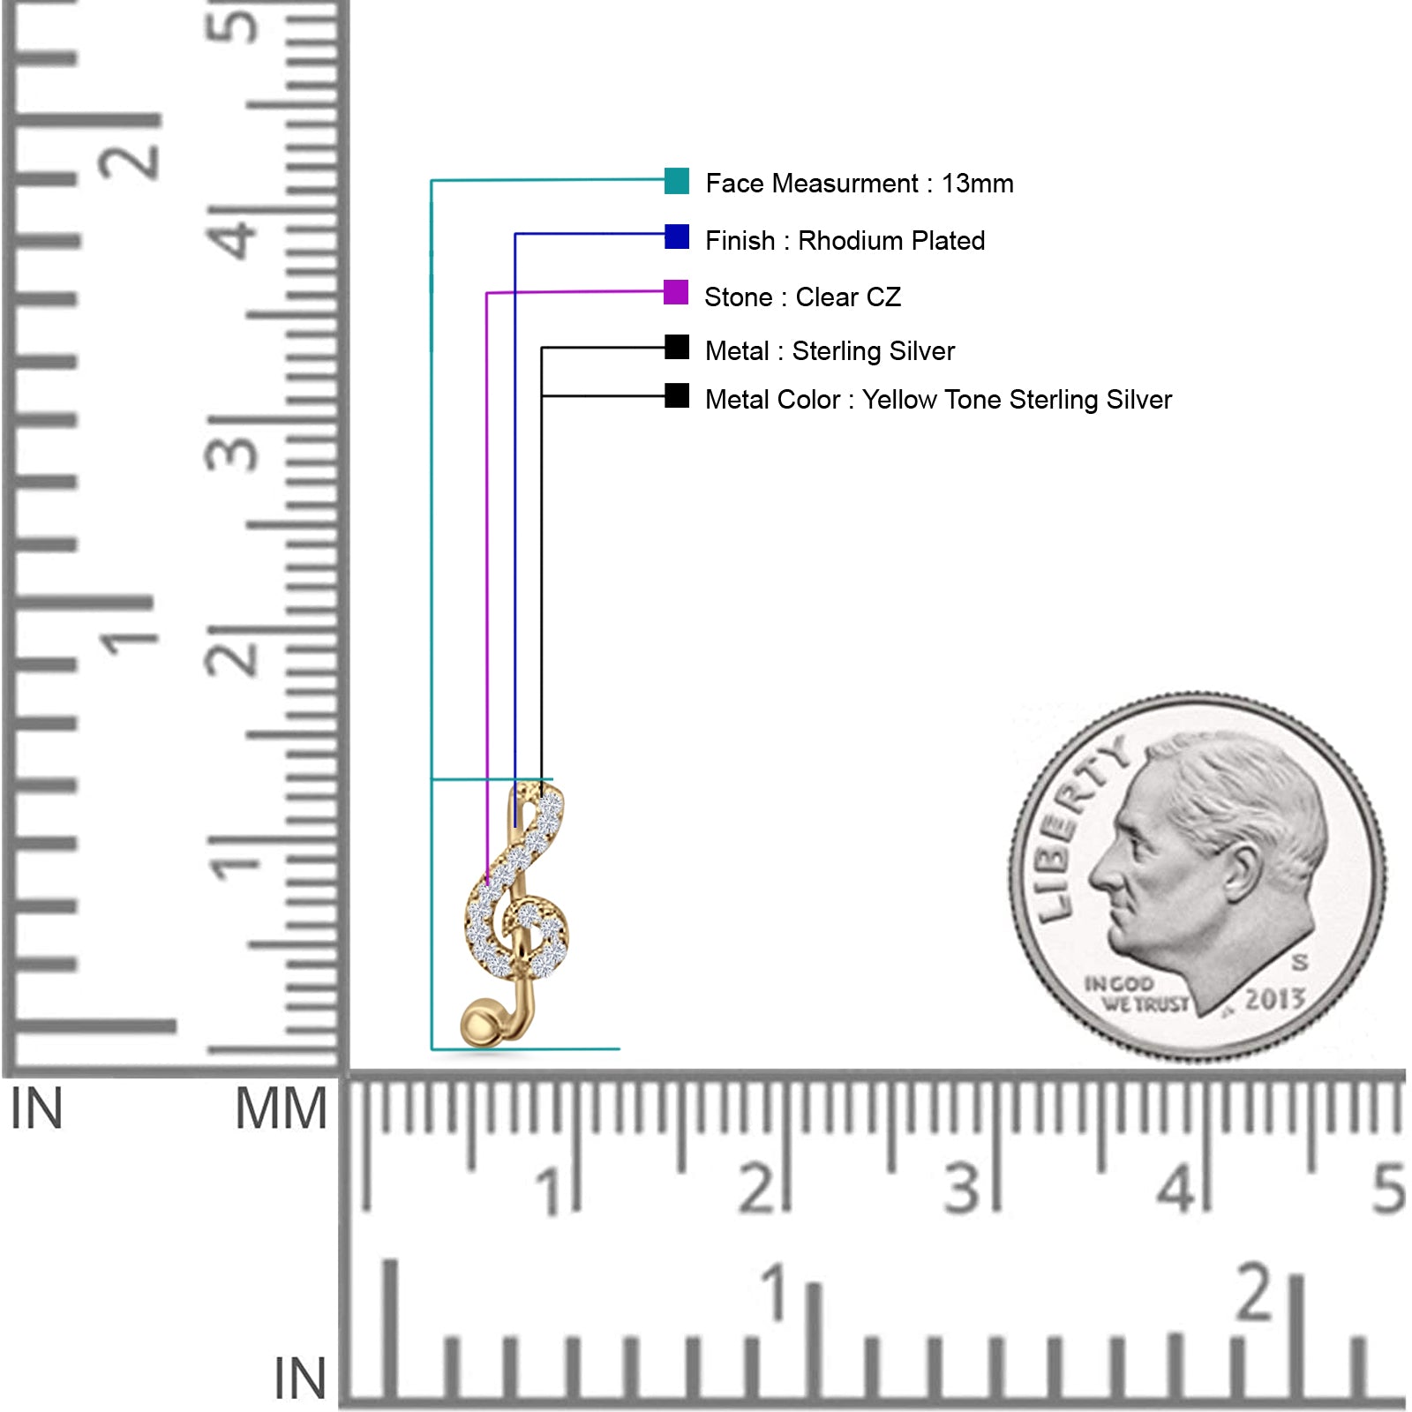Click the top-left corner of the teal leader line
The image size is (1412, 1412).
[432, 181]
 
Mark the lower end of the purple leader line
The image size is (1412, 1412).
[487, 882]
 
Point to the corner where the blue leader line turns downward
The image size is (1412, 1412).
[515, 234]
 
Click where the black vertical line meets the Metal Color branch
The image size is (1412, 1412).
[542, 396]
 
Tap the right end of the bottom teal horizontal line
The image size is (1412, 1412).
[620, 1049]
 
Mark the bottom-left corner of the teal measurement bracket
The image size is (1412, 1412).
[432, 1049]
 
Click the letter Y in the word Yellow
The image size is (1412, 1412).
[871, 399]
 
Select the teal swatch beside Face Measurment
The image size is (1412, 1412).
[677, 181]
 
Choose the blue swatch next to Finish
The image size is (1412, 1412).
[677, 237]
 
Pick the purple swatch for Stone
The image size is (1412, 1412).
[676, 292]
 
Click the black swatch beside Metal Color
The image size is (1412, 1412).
[677, 395]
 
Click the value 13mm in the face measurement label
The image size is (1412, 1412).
[978, 184]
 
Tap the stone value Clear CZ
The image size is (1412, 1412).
[848, 297]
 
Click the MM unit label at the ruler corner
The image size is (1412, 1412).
[281, 1108]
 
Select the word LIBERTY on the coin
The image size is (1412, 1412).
[1077, 826]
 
